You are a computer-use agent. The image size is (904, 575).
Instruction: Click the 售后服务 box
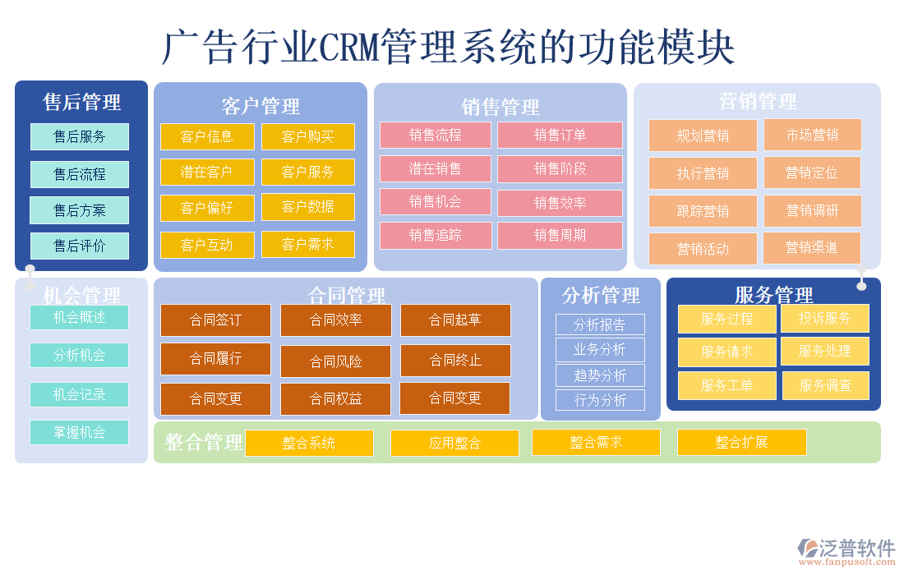[80, 136]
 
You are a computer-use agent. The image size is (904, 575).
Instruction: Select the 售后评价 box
[80, 246]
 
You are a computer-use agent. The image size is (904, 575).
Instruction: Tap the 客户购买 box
[308, 136]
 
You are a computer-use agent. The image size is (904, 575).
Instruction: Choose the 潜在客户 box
[207, 172]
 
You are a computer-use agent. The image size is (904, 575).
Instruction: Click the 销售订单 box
[560, 135]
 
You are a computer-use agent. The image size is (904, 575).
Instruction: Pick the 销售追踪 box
[436, 235]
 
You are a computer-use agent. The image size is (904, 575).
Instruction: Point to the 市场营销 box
[812, 135]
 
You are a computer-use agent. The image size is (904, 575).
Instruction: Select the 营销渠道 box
[811, 248]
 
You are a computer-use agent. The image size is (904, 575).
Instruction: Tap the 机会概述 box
[80, 318]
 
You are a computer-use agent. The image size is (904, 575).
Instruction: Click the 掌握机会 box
[80, 432]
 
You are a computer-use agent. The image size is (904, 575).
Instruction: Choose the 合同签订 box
[215, 320]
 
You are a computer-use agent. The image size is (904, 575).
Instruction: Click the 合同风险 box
[335, 361]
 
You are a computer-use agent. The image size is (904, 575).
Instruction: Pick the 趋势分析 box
[600, 375]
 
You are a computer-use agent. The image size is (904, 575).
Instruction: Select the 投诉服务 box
[824, 318]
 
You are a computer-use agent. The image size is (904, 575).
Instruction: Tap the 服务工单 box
[726, 385]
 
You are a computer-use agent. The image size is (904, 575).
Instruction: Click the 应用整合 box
[454, 443]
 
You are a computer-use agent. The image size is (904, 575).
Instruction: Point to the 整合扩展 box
[741, 442]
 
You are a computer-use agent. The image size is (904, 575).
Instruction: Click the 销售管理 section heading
[500, 107]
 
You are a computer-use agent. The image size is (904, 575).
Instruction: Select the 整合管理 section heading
[204, 442]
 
